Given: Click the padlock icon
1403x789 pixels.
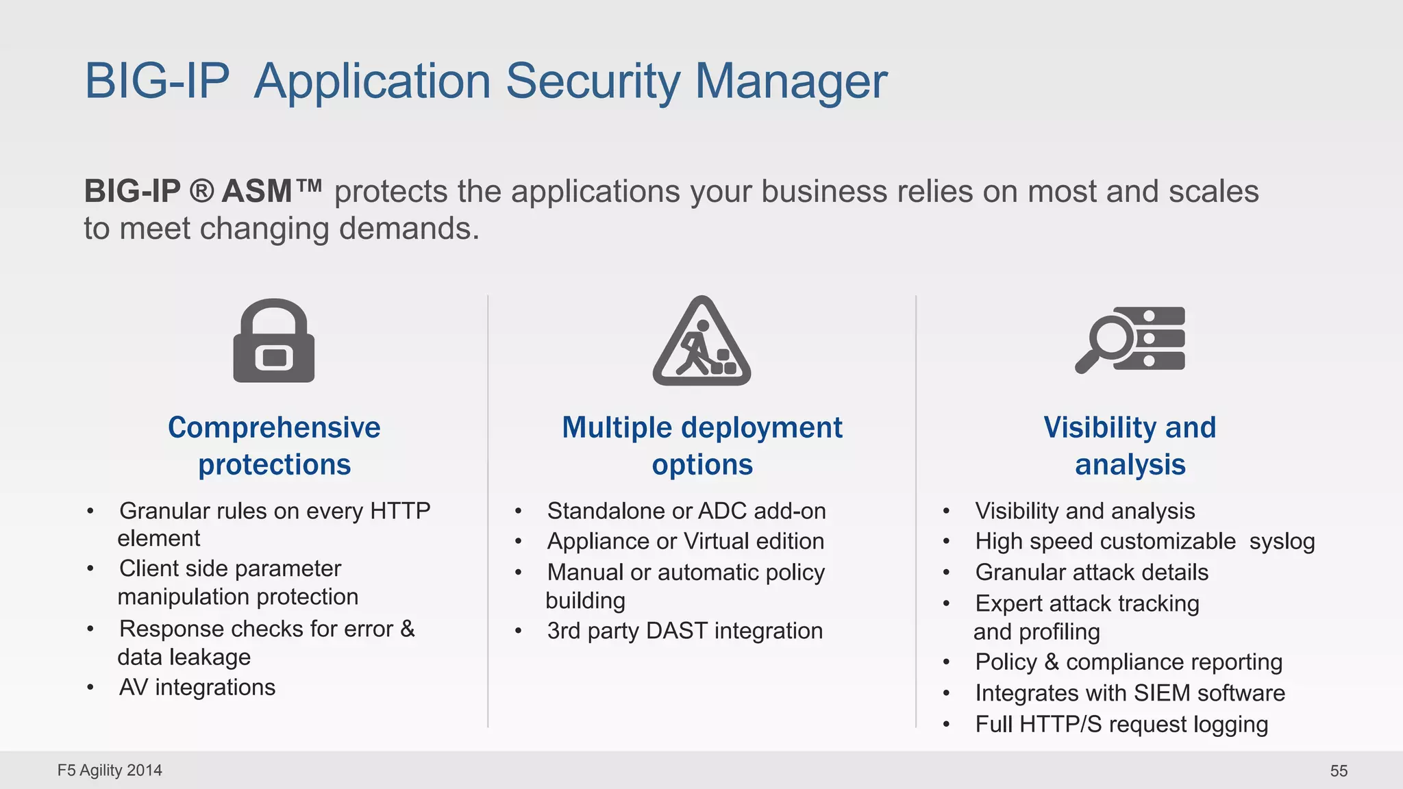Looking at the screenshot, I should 274,341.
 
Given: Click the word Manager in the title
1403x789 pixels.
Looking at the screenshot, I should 791,82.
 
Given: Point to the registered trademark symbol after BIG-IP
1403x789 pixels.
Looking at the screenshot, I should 201,190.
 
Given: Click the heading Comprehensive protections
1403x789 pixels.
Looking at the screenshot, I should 274,446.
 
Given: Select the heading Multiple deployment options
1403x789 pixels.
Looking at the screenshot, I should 701,446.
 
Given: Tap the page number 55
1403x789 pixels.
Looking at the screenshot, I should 1339,771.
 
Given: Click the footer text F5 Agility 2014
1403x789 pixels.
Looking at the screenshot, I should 110,771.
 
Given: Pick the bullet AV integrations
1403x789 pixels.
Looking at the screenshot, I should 197,687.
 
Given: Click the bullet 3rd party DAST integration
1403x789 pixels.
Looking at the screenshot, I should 684,631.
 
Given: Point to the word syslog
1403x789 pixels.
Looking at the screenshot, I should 1282,542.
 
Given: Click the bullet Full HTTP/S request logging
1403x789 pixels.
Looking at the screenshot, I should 1121,725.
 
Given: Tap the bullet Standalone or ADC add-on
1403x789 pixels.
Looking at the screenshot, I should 686,511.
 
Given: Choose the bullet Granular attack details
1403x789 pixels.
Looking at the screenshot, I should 1091,573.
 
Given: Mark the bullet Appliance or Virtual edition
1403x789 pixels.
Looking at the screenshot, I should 685,542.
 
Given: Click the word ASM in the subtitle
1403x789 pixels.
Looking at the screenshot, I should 257,191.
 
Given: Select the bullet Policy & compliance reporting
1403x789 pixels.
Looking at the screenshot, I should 1128,662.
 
